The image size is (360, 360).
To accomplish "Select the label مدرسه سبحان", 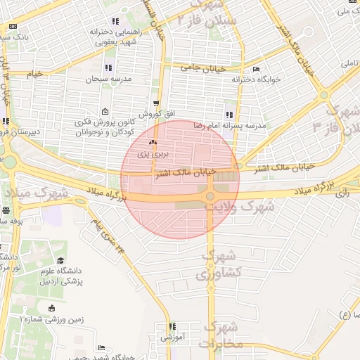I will pyautogui.click(x=108, y=79).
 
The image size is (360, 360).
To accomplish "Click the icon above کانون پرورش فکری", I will pyautogui.click(x=105, y=112).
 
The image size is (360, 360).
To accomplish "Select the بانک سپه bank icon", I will pyautogui.click(x=13, y=26).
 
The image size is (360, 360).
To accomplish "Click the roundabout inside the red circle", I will pyautogui.click(x=210, y=196).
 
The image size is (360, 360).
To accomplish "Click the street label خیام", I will pyautogui.click(x=34, y=74).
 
